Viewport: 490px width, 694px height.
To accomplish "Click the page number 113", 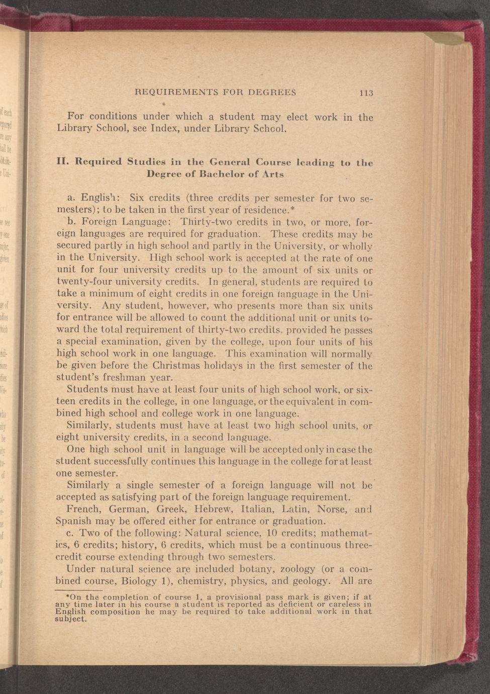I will point(366,93).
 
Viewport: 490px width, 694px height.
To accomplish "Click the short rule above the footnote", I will point(78,591).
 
